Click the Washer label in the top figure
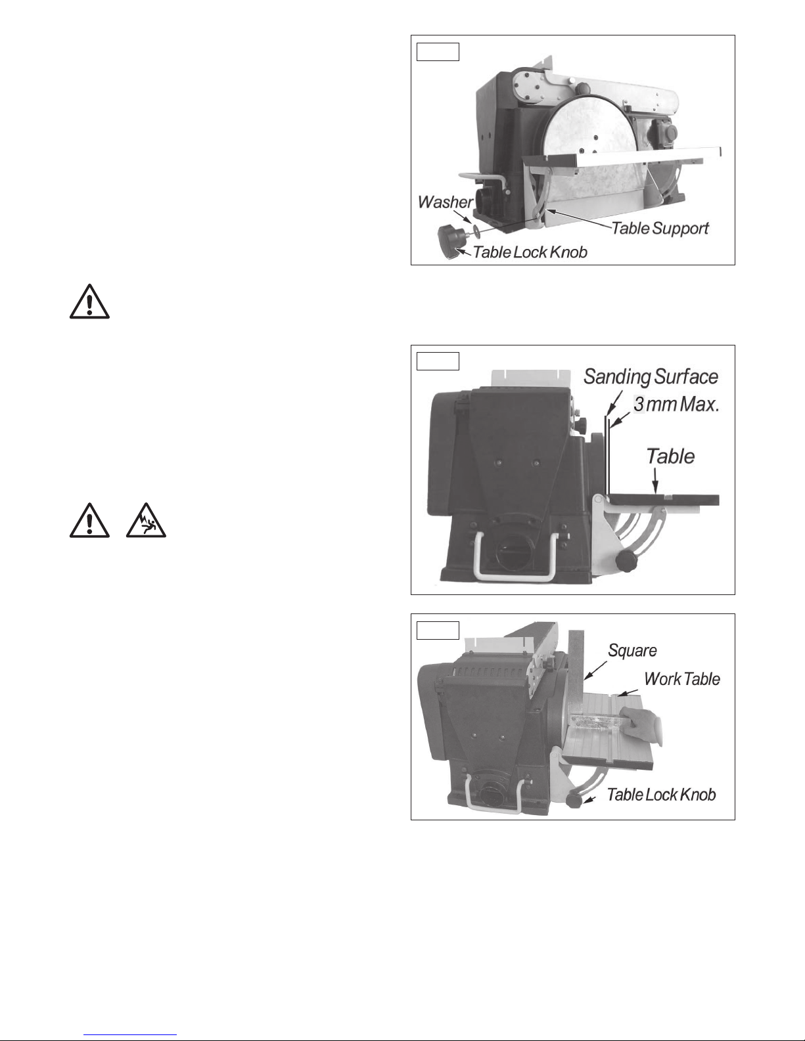click(x=445, y=202)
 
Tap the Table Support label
click(x=660, y=229)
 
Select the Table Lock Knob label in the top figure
click(x=530, y=252)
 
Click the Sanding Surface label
click(x=651, y=377)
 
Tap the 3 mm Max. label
click(x=676, y=405)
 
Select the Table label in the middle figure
click(x=670, y=456)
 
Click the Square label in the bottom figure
click(x=632, y=651)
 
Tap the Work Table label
click(x=682, y=679)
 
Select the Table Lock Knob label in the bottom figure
click(x=662, y=795)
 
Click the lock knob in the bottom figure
click(x=574, y=801)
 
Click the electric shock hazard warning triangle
click(x=146, y=521)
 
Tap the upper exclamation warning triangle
click(x=89, y=301)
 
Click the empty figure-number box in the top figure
click(x=438, y=52)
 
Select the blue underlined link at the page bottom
click(x=130, y=1033)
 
